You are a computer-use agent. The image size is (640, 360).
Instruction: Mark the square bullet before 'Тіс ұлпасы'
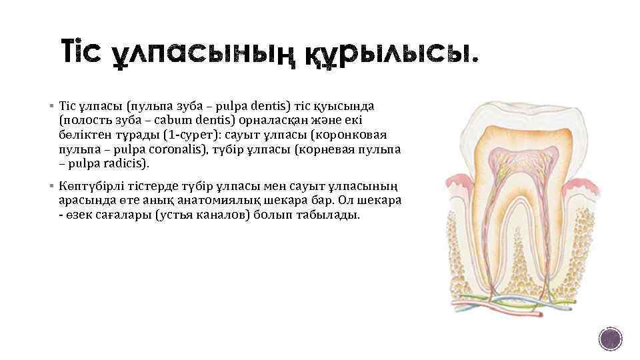51,106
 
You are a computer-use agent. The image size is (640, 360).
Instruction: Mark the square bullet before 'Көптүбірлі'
51,187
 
